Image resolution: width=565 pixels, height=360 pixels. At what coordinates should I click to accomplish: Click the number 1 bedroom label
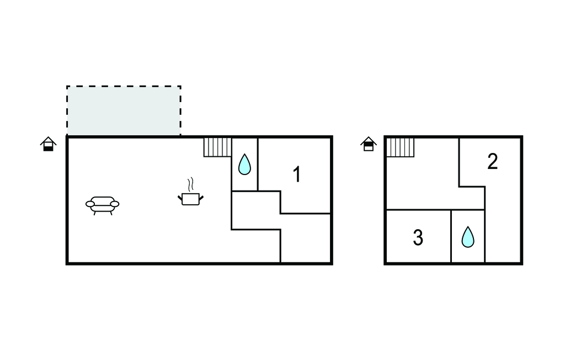click(296, 174)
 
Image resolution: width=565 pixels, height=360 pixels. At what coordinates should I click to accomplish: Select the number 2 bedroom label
click(492, 161)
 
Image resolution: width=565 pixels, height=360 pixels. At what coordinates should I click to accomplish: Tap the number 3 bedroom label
click(418, 238)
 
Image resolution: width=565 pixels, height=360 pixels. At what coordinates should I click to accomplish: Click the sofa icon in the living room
click(102, 205)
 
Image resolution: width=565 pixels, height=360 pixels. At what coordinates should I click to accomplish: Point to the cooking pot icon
click(190, 199)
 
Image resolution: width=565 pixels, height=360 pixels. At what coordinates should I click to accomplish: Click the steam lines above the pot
click(190, 184)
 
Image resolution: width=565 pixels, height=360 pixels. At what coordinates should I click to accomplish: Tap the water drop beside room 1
click(244, 165)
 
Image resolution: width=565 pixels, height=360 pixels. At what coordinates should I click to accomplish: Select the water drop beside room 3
click(468, 237)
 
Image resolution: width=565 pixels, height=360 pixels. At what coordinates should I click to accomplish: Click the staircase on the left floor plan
click(217, 147)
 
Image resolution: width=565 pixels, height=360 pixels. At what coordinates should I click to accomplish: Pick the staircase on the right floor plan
click(401, 147)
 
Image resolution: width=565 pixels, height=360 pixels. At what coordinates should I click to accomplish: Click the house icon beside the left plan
click(49, 144)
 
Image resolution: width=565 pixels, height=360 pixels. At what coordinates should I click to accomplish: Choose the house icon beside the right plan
click(368, 144)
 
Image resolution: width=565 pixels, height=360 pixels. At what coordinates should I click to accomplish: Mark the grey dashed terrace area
click(124, 111)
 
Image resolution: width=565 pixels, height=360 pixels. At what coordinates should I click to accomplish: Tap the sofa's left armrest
click(90, 204)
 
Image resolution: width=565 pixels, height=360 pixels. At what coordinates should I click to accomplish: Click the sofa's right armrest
click(115, 204)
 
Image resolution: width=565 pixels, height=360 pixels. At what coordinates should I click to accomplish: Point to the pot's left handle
click(180, 198)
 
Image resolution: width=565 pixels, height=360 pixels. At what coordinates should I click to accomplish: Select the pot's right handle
click(201, 198)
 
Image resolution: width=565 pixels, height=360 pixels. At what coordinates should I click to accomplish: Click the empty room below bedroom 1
click(306, 239)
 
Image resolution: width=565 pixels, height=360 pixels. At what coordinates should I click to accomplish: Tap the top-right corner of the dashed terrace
click(180, 86)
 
